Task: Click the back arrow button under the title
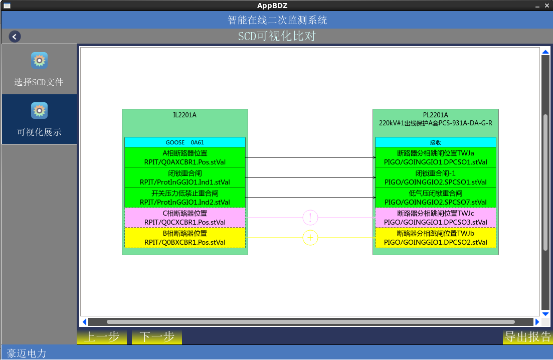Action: click(15, 37)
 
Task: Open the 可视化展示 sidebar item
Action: click(39, 119)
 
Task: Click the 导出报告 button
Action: click(527, 337)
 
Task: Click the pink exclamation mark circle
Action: click(310, 218)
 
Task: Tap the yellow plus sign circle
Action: click(310, 238)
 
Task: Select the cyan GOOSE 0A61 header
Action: click(185, 142)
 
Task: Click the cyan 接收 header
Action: click(435, 142)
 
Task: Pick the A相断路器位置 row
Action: click(185, 157)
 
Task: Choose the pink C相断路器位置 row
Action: click(185, 218)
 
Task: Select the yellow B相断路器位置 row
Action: click(185, 238)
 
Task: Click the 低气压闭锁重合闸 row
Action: click(435, 198)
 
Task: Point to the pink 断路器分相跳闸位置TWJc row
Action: click(435, 218)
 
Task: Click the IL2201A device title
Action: click(185, 115)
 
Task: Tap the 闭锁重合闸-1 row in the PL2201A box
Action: click(435, 177)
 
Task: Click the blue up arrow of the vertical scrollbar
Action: click(545, 52)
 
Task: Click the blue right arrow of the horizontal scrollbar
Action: click(537, 322)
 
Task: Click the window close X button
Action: click(546, 6)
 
